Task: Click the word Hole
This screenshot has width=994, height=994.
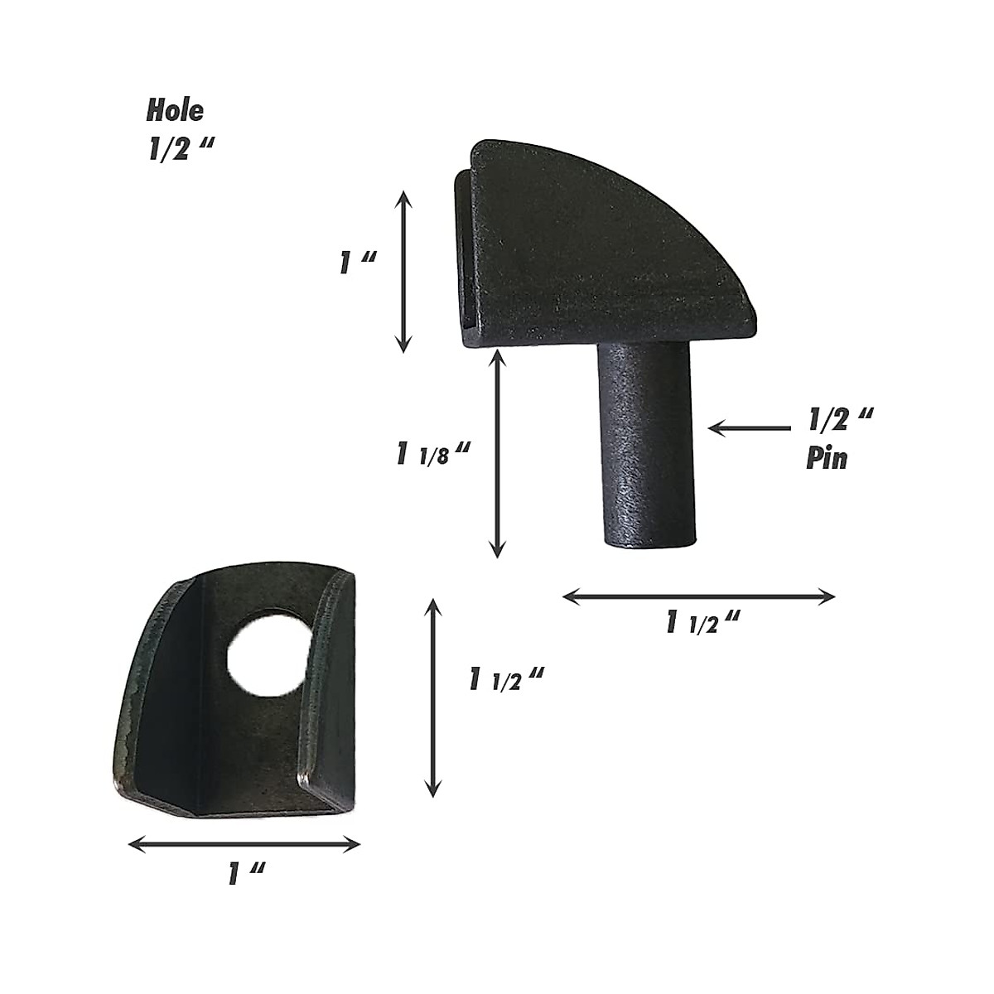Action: coord(175,110)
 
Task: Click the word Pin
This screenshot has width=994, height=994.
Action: coord(827,458)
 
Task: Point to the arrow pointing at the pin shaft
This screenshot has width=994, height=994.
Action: coord(750,428)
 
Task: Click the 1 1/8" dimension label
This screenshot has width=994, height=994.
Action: coord(433,455)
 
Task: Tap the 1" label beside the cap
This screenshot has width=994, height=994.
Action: coord(358,263)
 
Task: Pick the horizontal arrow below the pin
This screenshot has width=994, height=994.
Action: coord(698,596)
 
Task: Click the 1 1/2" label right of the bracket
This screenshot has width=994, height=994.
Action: coord(505,681)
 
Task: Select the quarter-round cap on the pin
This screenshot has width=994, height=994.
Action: coord(605,248)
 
